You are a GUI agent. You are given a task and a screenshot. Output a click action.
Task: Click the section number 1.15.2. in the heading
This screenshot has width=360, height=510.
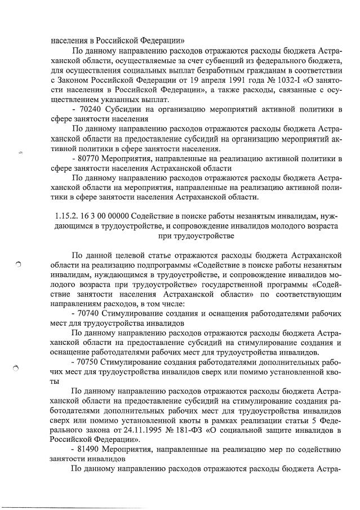(63, 216)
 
